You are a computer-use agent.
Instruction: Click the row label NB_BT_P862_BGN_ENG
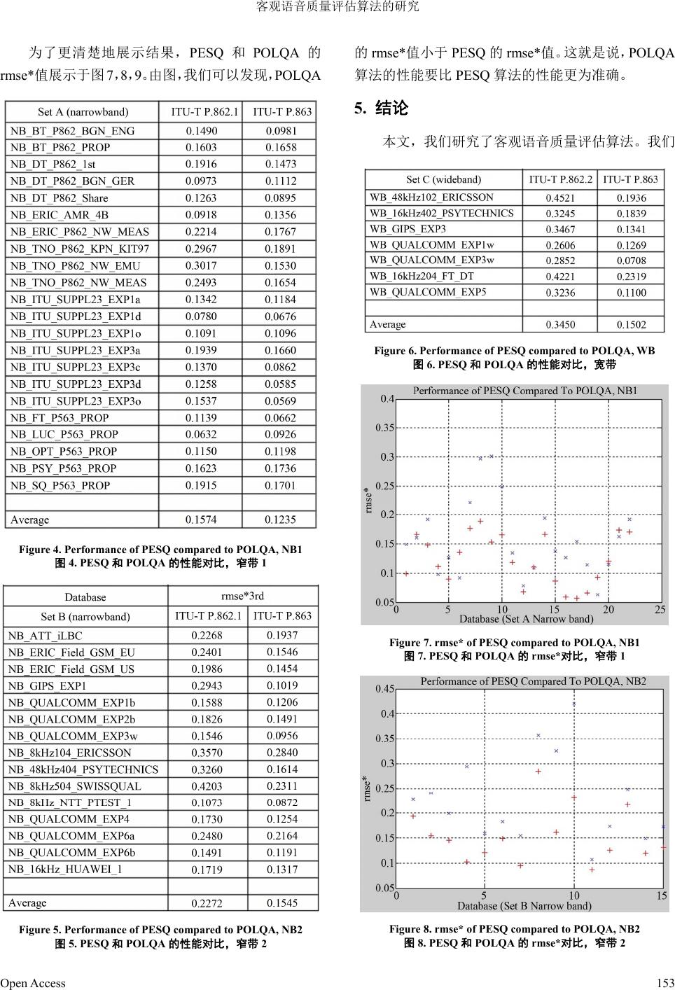point(72,131)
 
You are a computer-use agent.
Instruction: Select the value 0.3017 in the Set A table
point(201,265)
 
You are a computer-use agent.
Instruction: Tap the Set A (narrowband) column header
point(83,112)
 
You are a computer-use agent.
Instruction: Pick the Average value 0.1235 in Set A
point(280,520)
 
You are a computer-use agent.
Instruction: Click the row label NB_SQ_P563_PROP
point(60,485)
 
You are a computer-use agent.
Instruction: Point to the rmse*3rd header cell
point(242,596)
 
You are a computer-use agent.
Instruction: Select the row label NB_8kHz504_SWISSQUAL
point(75,786)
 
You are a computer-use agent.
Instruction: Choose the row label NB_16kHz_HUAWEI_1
point(65,869)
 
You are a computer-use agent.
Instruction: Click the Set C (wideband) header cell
point(444,179)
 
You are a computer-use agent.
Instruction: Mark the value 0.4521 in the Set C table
point(560,197)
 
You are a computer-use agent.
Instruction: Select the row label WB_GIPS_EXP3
point(408,229)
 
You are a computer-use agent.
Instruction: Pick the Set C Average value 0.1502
point(631,325)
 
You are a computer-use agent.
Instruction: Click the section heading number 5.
point(359,109)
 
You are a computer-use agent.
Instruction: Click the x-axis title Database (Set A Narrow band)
point(526,619)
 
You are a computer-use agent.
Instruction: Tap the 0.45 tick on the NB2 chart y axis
point(384,689)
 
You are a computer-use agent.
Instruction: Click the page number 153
point(664,983)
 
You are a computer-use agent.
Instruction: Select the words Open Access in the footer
point(33,983)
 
